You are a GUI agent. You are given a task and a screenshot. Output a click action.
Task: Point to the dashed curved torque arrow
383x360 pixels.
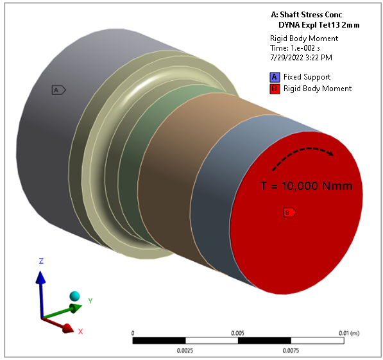coord(302,155)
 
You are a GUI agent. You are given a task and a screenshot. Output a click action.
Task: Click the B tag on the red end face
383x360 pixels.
coord(289,212)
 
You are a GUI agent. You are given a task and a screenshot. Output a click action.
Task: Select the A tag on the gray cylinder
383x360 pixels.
coord(58,90)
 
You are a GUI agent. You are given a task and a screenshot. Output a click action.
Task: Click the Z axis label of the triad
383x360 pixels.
coord(40,261)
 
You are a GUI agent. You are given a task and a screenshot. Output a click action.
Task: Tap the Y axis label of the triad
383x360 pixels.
coord(91,300)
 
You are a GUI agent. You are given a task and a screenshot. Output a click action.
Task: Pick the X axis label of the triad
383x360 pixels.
coord(81,331)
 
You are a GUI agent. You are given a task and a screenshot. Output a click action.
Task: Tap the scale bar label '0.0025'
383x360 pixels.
coord(185,350)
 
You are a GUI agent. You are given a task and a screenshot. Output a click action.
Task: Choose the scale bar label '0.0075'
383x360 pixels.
coord(290,350)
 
